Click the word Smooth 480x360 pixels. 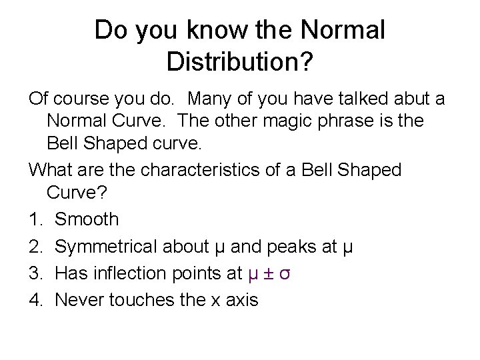point(87,219)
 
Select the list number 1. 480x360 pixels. point(36,219)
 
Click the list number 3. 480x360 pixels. point(36,273)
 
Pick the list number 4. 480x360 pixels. point(36,300)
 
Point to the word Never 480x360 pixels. point(79,300)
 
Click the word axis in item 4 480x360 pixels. point(243,300)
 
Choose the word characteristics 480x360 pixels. point(179,169)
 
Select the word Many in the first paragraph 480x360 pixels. point(211,99)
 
